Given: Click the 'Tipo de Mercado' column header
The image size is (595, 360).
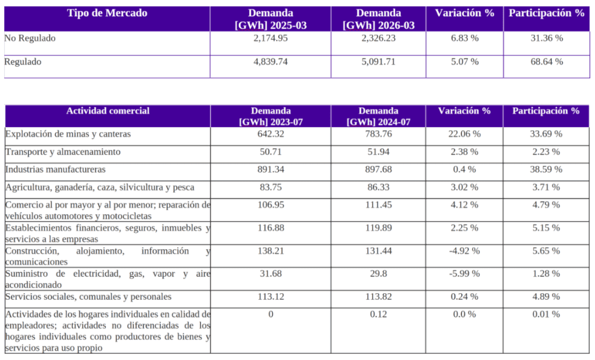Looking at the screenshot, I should click(107, 13).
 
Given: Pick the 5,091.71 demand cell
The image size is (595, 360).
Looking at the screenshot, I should click(378, 62).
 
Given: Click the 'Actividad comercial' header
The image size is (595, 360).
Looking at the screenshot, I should click(107, 111).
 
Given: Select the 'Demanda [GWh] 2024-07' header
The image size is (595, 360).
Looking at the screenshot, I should click(378, 117).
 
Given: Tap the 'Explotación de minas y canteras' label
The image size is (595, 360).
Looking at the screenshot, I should click(68, 134).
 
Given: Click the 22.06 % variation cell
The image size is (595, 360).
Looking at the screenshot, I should click(464, 134).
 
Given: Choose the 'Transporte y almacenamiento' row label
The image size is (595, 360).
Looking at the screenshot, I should click(63, 152).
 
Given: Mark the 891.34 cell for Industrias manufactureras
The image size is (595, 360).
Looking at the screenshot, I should click(271, 170).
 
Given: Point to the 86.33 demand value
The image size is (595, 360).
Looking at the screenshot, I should click(378, 188).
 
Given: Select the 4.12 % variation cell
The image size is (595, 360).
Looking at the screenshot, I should click(464, 205).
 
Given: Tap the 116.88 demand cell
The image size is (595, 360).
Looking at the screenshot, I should click(271, 228).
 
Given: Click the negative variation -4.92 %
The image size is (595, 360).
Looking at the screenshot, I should click(464, 251).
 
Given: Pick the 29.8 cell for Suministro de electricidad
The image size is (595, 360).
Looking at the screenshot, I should click(378, 273).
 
